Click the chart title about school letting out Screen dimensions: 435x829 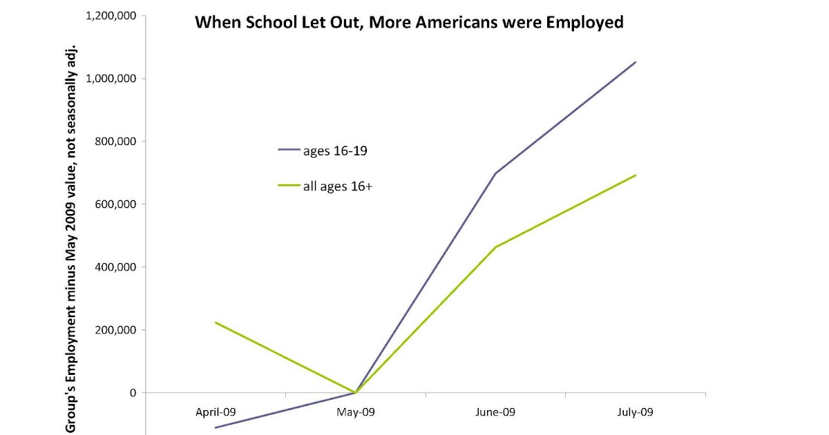(409, 23)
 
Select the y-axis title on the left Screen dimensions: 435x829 (70, 238)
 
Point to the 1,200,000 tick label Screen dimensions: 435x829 (111, 16)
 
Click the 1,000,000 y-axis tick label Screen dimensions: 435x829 (111, 79)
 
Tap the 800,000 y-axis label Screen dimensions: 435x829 (115, 142)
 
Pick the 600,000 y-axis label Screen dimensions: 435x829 (115, 204)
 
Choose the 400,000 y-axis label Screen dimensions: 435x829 (115, 267)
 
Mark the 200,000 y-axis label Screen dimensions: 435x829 (115, 330)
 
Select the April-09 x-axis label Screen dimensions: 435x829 (216, 412)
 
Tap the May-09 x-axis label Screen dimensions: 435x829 (356, 412)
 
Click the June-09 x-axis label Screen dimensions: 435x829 (495, 412)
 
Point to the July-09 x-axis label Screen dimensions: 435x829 (635, 412)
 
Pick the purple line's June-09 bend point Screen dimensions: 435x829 (496, 173)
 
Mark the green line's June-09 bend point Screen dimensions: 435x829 (496, 247)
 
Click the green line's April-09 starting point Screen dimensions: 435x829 (216, 322)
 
